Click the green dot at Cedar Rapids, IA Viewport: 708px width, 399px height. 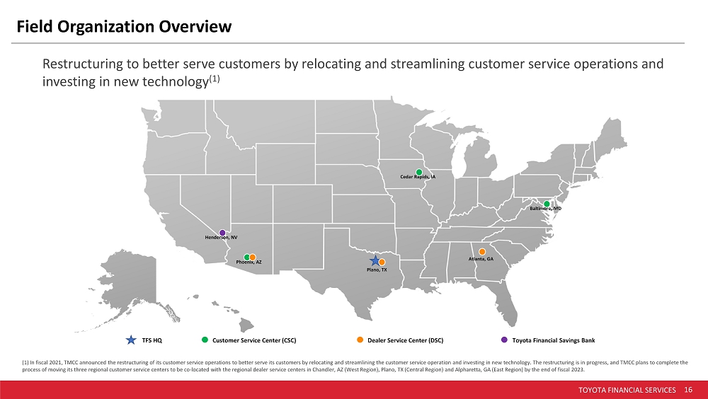click(419, 172)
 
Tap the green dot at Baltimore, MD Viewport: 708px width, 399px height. click(547, 204)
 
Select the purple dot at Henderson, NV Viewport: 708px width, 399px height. click(222, 233)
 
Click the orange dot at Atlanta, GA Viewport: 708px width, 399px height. click(481, 252)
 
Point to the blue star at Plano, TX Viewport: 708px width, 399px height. click(375, 260)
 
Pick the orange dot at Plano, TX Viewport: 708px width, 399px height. click(382, 262)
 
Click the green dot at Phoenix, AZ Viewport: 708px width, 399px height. click(247, 258)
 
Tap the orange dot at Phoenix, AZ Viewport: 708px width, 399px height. click(253, 258)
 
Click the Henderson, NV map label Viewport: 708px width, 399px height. click(221, 238)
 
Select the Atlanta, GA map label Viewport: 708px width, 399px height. click(481, 259)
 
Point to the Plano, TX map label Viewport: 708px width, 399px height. click(377, 270)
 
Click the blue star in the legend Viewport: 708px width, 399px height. click(131, 340)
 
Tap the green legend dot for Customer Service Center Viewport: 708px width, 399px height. click(205, 340)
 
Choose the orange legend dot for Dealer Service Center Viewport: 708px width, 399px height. click(360, 340)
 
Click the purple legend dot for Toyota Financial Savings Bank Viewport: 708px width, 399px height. click(504, 340)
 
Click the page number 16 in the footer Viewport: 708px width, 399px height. click(688, 390)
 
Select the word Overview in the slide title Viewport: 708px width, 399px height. click(195, 27)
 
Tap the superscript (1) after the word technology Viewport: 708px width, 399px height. click(214, 79)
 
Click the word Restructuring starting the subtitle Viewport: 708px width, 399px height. click(83, 64)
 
